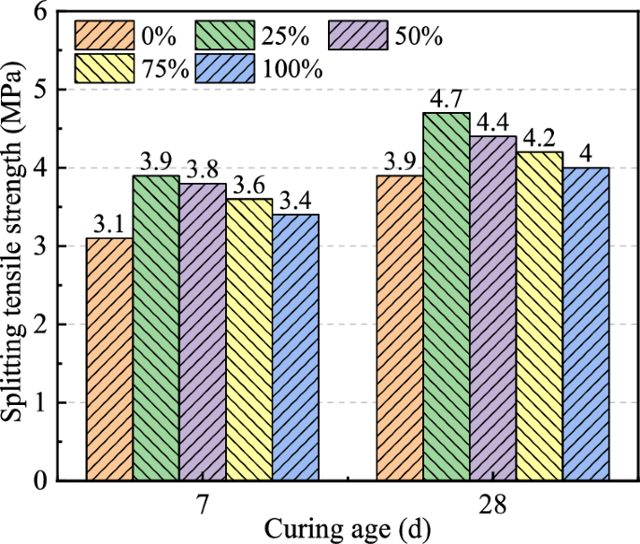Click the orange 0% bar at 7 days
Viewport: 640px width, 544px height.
(x=109, y=359)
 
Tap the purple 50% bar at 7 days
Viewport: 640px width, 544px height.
(x=203, y=331)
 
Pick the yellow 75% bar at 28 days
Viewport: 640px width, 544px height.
(x=540, y=316)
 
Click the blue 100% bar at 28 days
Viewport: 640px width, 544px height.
(x=587, y=324)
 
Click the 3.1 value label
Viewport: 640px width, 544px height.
(x=109, y=224)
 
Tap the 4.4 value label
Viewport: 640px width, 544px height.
(x=493, y=122)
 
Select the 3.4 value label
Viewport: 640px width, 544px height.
(x=296, y=201)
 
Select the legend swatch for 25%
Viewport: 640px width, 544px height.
(x=224, y=35)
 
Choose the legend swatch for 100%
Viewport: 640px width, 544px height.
(x=224, y=69)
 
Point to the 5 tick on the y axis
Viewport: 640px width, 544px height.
(x=43, y=91)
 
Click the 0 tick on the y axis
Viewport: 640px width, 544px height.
(x=43, y=481)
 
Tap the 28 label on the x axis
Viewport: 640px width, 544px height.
(x=493, y=504)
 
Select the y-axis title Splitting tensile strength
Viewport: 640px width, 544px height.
(x=15, y=247)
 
